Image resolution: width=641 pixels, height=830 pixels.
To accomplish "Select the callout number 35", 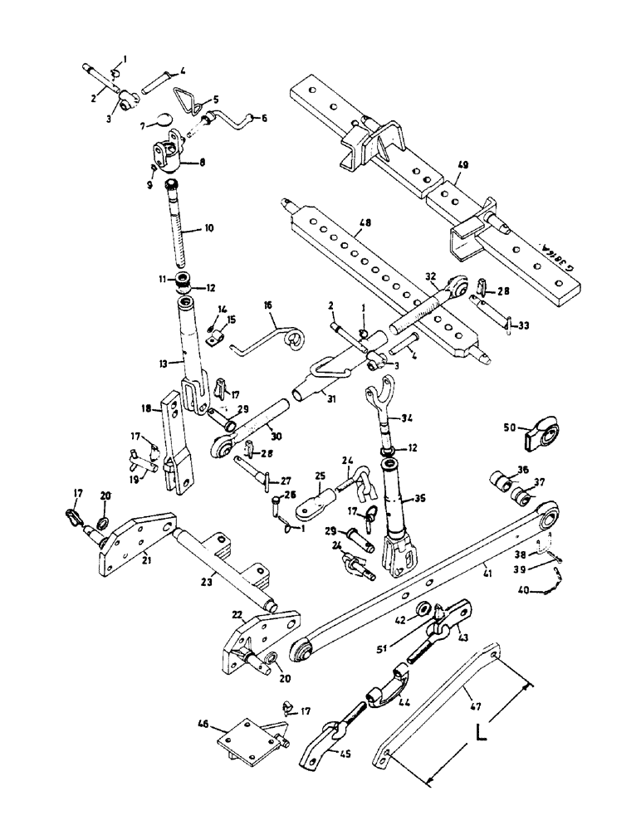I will pyautogui.click(x=422, y=501).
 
